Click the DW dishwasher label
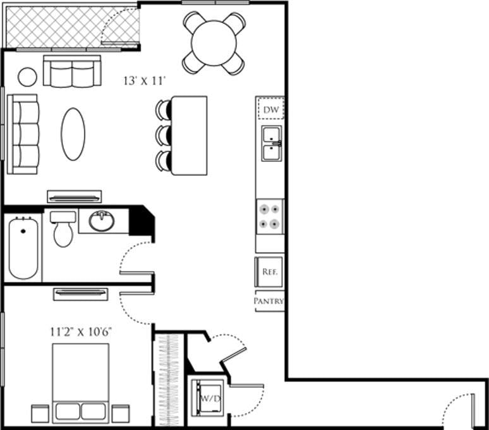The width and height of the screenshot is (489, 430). point(272,109)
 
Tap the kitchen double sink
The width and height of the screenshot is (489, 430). point(272,144)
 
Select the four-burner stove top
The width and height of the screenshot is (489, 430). point(270,216)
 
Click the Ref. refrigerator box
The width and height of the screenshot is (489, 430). point(270,272)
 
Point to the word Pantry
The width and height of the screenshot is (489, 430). point(269,302)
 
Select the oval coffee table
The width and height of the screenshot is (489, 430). point(73,133)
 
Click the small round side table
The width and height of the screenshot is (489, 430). point(27,77)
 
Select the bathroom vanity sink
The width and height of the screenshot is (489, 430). point(101,221)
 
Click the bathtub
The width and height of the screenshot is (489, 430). point(23,247)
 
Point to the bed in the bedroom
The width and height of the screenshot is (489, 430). point(81,379)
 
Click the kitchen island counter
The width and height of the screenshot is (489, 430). point(190,135)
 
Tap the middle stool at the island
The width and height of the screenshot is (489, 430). point(164,135)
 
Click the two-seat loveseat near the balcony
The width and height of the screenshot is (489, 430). point(72,71)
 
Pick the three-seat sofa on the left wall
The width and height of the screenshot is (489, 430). point(23,133)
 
